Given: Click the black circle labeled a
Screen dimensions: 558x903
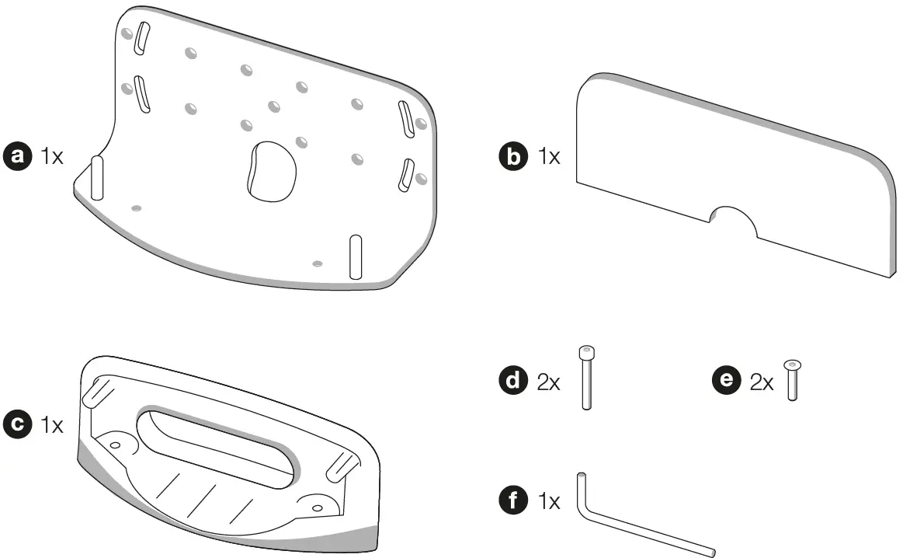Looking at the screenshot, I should (x=17, y=156).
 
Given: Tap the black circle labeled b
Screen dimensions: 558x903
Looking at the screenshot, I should (x=513, y=157).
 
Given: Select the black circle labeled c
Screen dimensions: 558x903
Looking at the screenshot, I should (x=17, y=425).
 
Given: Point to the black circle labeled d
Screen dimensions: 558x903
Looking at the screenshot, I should (x=513, y=382).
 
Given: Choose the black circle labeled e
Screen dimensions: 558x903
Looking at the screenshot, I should (x=727, y=382).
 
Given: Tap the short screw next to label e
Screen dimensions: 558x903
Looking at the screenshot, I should (x=792, y=380).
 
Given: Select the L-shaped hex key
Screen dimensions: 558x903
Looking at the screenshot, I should (x=637, y=528).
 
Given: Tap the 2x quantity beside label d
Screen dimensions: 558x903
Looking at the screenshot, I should (x=548, y=383).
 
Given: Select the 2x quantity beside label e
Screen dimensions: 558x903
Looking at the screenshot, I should (x=762, y=383).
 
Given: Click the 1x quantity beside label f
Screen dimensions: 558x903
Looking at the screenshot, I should (x=548, y=502).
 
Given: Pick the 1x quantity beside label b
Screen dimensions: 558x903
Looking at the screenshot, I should (x=548, y=157).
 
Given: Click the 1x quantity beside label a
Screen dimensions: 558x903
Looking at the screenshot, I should (x=52, y=156).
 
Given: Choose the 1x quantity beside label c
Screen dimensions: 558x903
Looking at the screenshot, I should (x=52, y=425).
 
